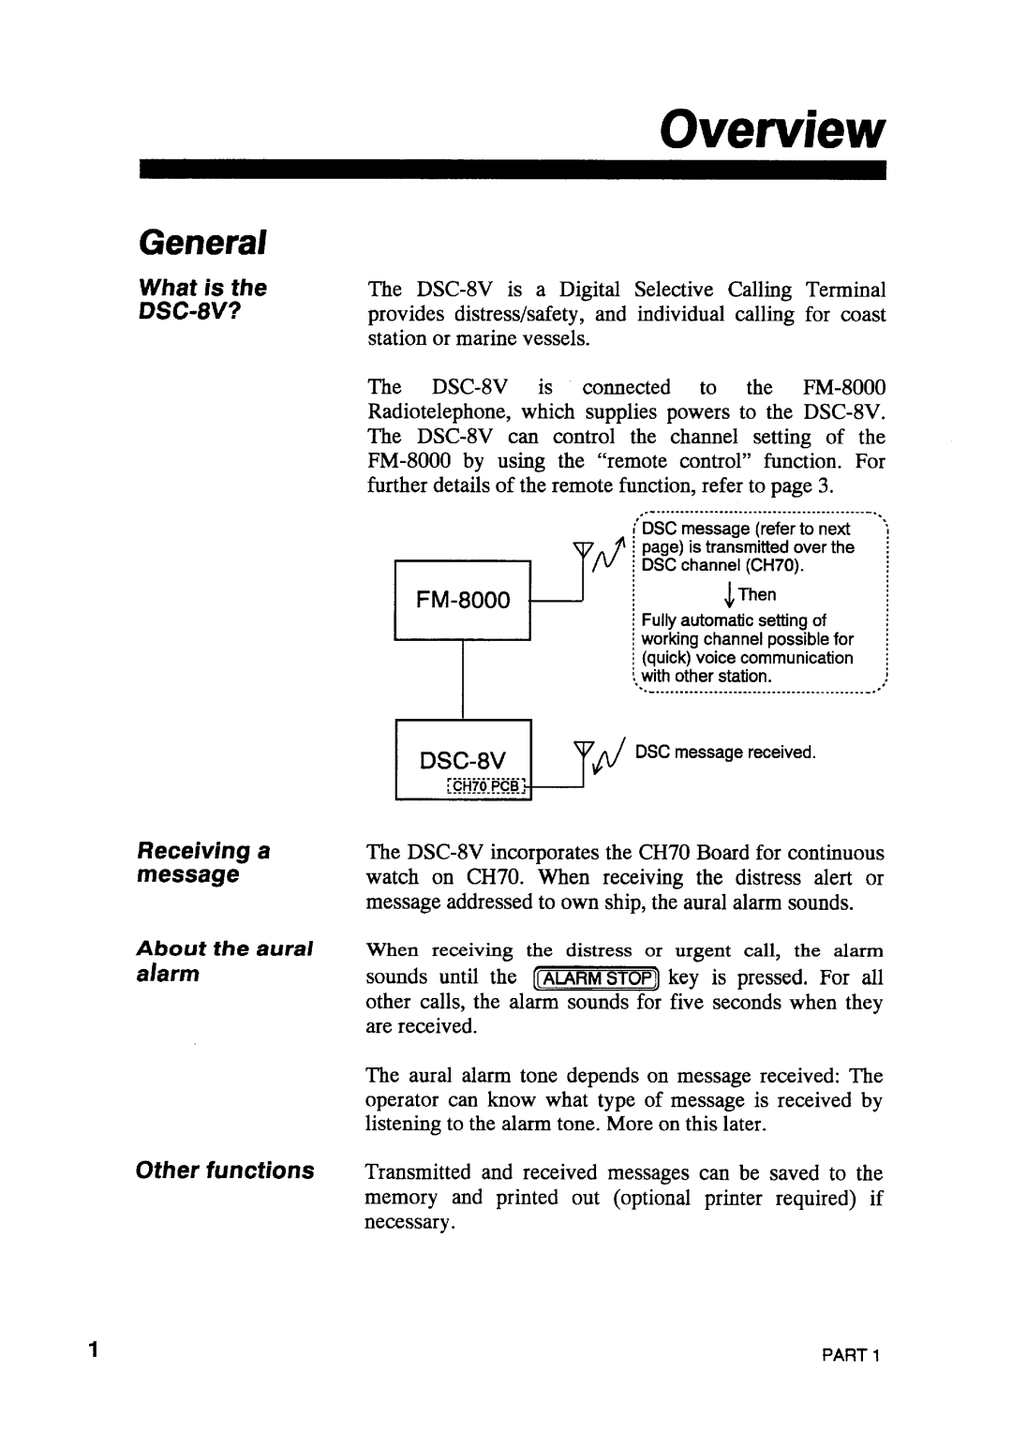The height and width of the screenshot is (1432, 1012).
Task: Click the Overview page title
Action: (x=772, y=132)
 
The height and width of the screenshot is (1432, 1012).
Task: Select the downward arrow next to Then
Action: (x=727, y=595)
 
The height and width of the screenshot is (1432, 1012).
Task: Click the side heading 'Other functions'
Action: (x=225, y=1171)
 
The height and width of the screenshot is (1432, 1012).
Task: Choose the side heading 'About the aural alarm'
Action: (x=225, y=960)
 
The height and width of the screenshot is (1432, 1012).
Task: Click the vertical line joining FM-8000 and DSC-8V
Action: (x=463, y=679)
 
